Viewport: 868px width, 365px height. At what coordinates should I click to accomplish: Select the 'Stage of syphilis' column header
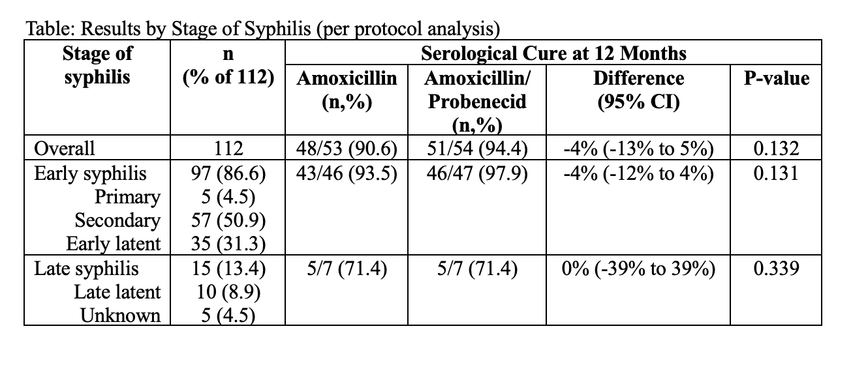(97, 65)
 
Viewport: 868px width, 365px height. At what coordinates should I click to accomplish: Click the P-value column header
(776, 78)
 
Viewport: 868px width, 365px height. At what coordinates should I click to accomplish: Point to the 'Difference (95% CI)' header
(638, 91)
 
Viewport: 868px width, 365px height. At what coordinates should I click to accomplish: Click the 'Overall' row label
(64, 149)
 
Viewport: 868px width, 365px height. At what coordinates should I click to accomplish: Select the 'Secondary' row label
(117, 220)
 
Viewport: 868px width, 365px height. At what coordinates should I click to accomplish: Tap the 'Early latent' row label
(114, 244)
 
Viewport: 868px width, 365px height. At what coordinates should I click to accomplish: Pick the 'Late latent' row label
(118, 291)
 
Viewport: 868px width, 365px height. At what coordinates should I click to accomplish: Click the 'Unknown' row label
(120, 315)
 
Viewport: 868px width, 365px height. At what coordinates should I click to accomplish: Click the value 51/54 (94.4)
(476, 149)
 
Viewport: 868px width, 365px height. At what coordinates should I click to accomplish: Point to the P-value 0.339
(775, 268)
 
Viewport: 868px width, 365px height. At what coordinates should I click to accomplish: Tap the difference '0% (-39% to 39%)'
(638, 268)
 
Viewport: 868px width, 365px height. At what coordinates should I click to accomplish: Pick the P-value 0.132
(775, 149)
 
